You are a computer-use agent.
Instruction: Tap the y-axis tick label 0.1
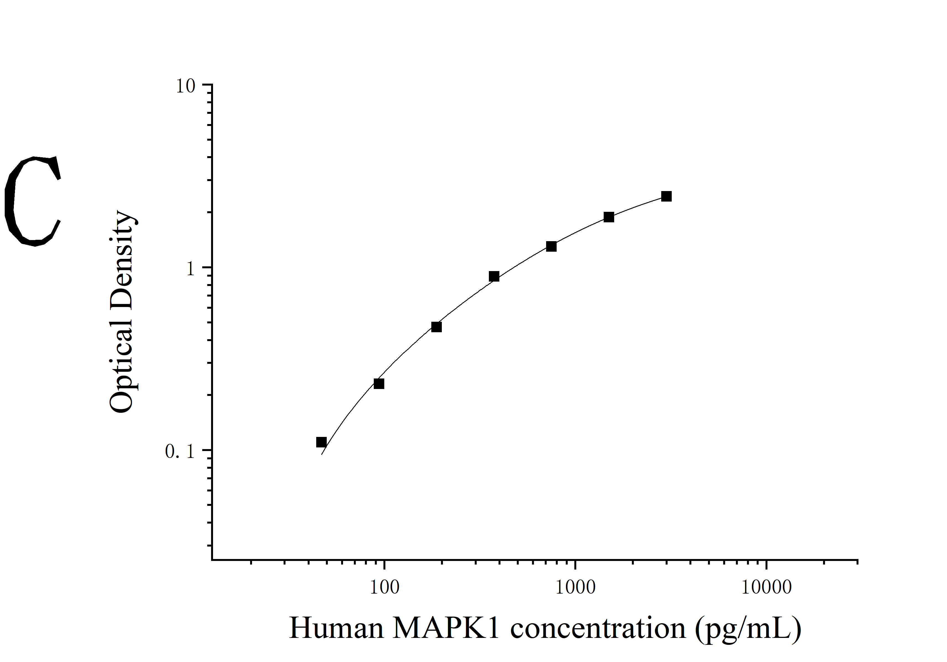(x=180, y=452)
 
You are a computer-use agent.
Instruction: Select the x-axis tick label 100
(x=384, y=587)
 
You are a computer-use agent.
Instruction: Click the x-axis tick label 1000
(x=575, y=587)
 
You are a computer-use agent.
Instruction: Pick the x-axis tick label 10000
(x=766, y=587)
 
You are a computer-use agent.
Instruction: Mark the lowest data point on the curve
(x=321, y=442)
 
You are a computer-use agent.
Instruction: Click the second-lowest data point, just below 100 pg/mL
(x=379, y=384)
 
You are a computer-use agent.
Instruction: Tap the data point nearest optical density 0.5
(x=436, y=327)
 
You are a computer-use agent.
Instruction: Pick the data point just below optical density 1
(x=494, y=277)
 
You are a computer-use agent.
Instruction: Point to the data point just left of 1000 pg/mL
(x=551, y=246)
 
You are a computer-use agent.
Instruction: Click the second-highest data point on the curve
(x=609, y=217)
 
